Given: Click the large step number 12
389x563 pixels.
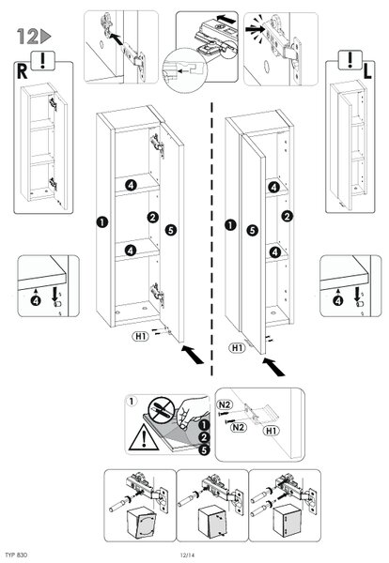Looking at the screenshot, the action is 28,37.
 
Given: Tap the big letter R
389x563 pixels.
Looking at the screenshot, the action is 23,71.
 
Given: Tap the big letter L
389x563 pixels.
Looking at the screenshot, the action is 366,71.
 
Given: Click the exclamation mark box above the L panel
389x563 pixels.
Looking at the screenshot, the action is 350,60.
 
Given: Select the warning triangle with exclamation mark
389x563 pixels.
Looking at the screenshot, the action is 144,437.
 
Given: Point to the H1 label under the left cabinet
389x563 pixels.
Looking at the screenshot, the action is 141,337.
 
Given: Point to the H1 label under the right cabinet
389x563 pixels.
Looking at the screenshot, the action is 238,347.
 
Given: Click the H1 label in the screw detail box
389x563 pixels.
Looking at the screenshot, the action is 271,431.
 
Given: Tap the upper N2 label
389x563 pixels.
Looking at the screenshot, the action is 225,404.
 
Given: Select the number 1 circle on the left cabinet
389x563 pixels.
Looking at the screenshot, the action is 102,221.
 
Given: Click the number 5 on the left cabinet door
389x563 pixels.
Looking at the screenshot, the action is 171,230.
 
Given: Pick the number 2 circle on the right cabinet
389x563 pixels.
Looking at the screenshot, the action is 287,216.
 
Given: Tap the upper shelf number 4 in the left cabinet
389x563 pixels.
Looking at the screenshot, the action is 131,185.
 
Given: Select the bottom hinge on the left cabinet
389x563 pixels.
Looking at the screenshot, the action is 157,294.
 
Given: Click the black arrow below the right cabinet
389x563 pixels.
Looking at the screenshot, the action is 273,367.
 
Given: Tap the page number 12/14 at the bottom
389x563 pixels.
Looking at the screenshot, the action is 187,555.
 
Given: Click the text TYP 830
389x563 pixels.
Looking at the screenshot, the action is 17,555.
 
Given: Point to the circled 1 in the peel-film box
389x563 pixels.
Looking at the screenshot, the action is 132,401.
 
